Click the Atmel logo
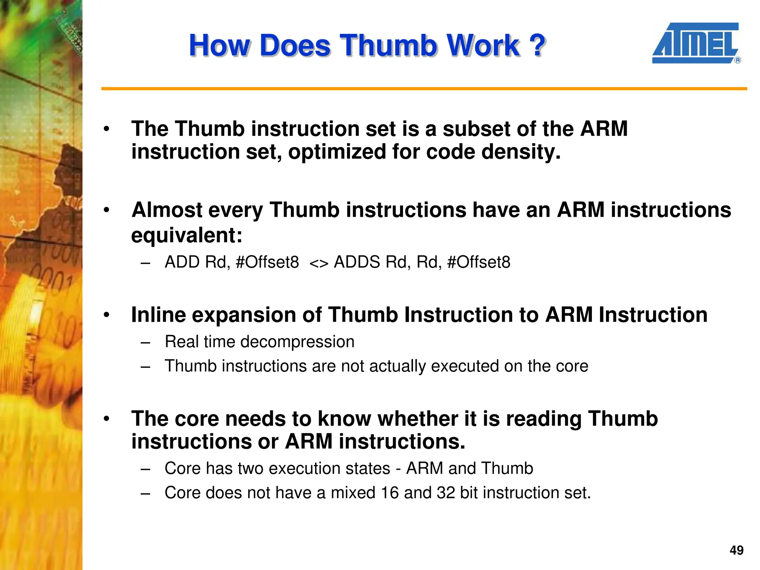tap(695, 43)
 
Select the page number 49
tap(736, 550)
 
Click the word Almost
tap(167, 210)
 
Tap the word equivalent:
tap(187, 235)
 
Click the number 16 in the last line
tap(390, 493)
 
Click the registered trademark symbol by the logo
tap(737, 60)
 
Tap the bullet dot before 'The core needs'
tap(107, 419)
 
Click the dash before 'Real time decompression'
tap(145, 342)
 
